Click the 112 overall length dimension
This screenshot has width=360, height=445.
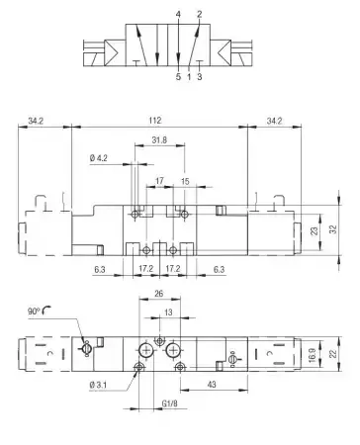(x=155, y=121)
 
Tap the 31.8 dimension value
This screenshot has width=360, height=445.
(x=159, y=140)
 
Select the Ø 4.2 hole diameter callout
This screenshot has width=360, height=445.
(x=98, y=158)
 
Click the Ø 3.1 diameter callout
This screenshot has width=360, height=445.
(x=98, y=385)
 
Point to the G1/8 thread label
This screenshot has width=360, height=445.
(x=170, y=403)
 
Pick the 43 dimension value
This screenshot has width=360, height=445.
(x=212, y=384)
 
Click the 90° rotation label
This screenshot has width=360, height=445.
(x=34, y=311)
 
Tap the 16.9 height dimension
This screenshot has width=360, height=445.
(x=313, y=355)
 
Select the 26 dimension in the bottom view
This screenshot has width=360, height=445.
(x=159, y=293)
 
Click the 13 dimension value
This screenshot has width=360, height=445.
(x=168, y=311)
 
